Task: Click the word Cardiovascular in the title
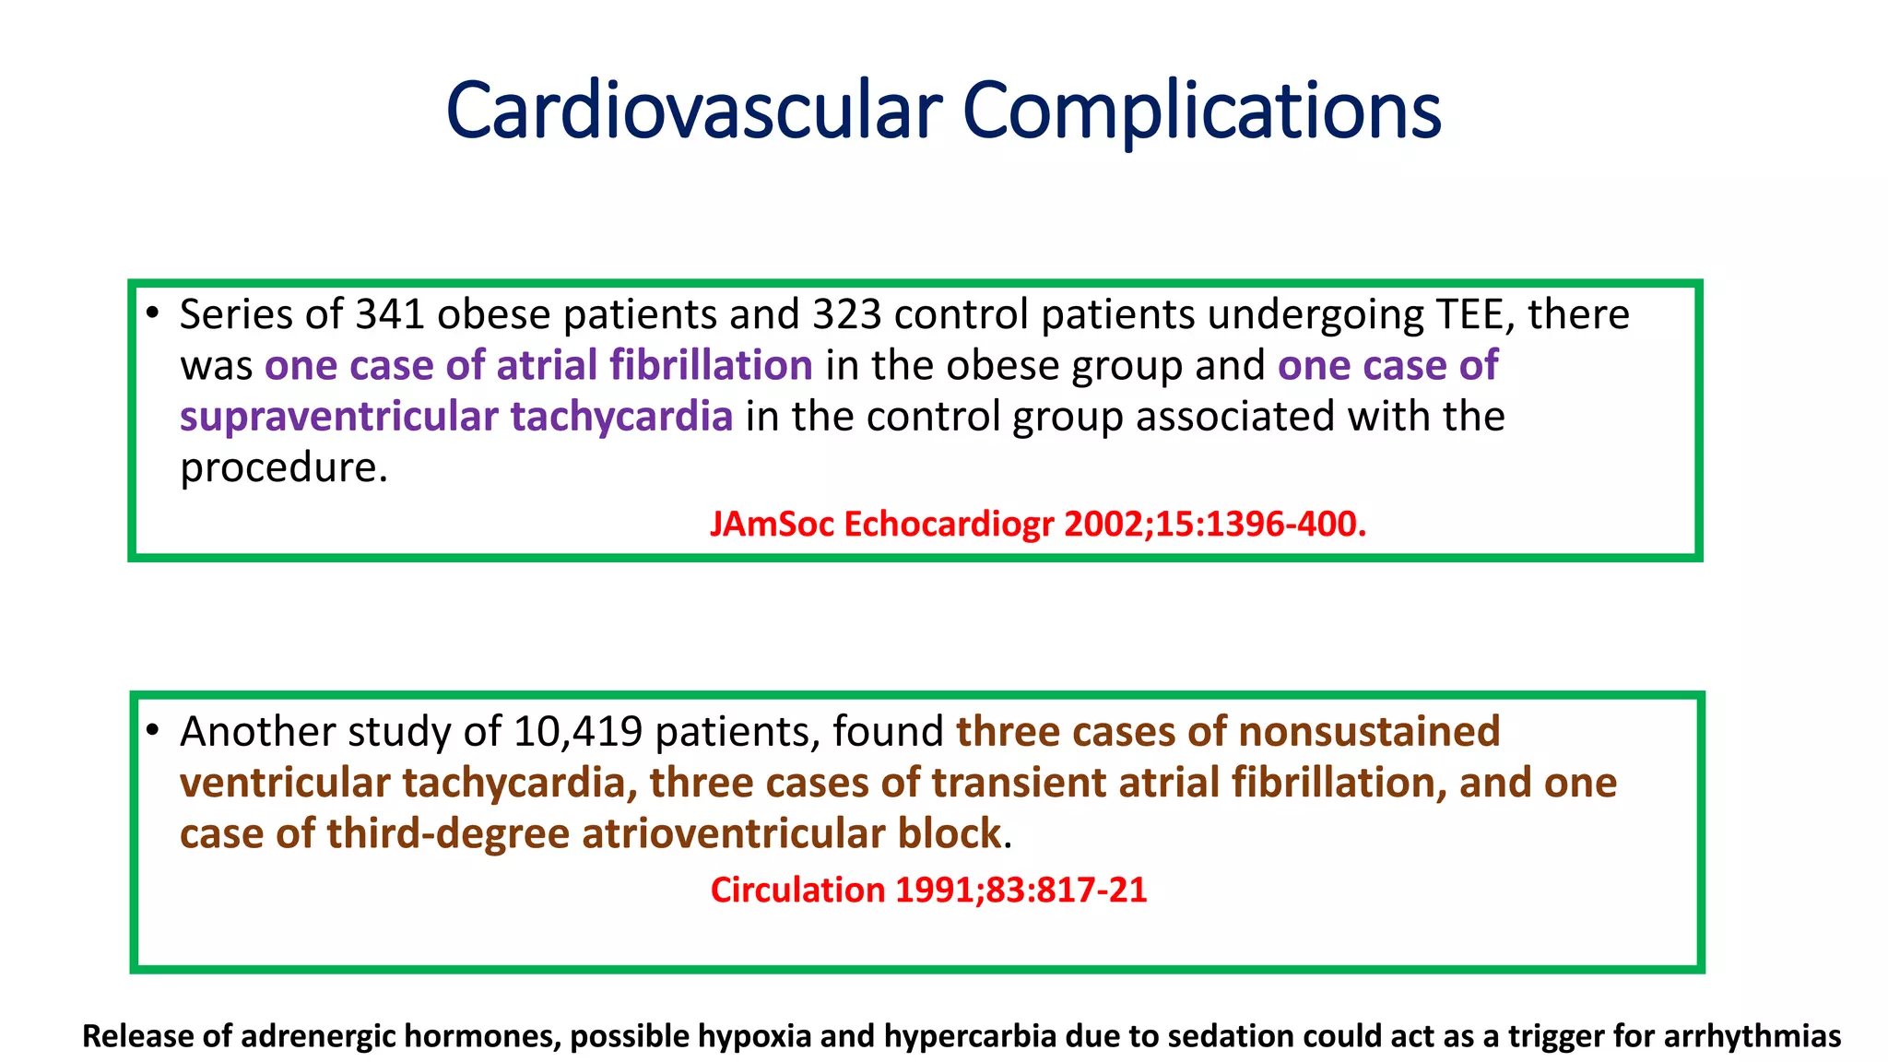[x=693, y=111]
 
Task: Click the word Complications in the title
[x=1201, y=111]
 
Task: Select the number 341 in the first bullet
[x=390, y=315]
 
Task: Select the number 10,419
[x=578, y=732]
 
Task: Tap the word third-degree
[x=448, y=833]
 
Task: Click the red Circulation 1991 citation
[x=928, y=890]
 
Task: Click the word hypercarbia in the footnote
[x=969, y=1036]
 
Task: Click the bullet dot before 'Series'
[x=153, y=313]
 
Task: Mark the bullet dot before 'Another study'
[x=153, y=730]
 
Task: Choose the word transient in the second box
[x=1019, y=783]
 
